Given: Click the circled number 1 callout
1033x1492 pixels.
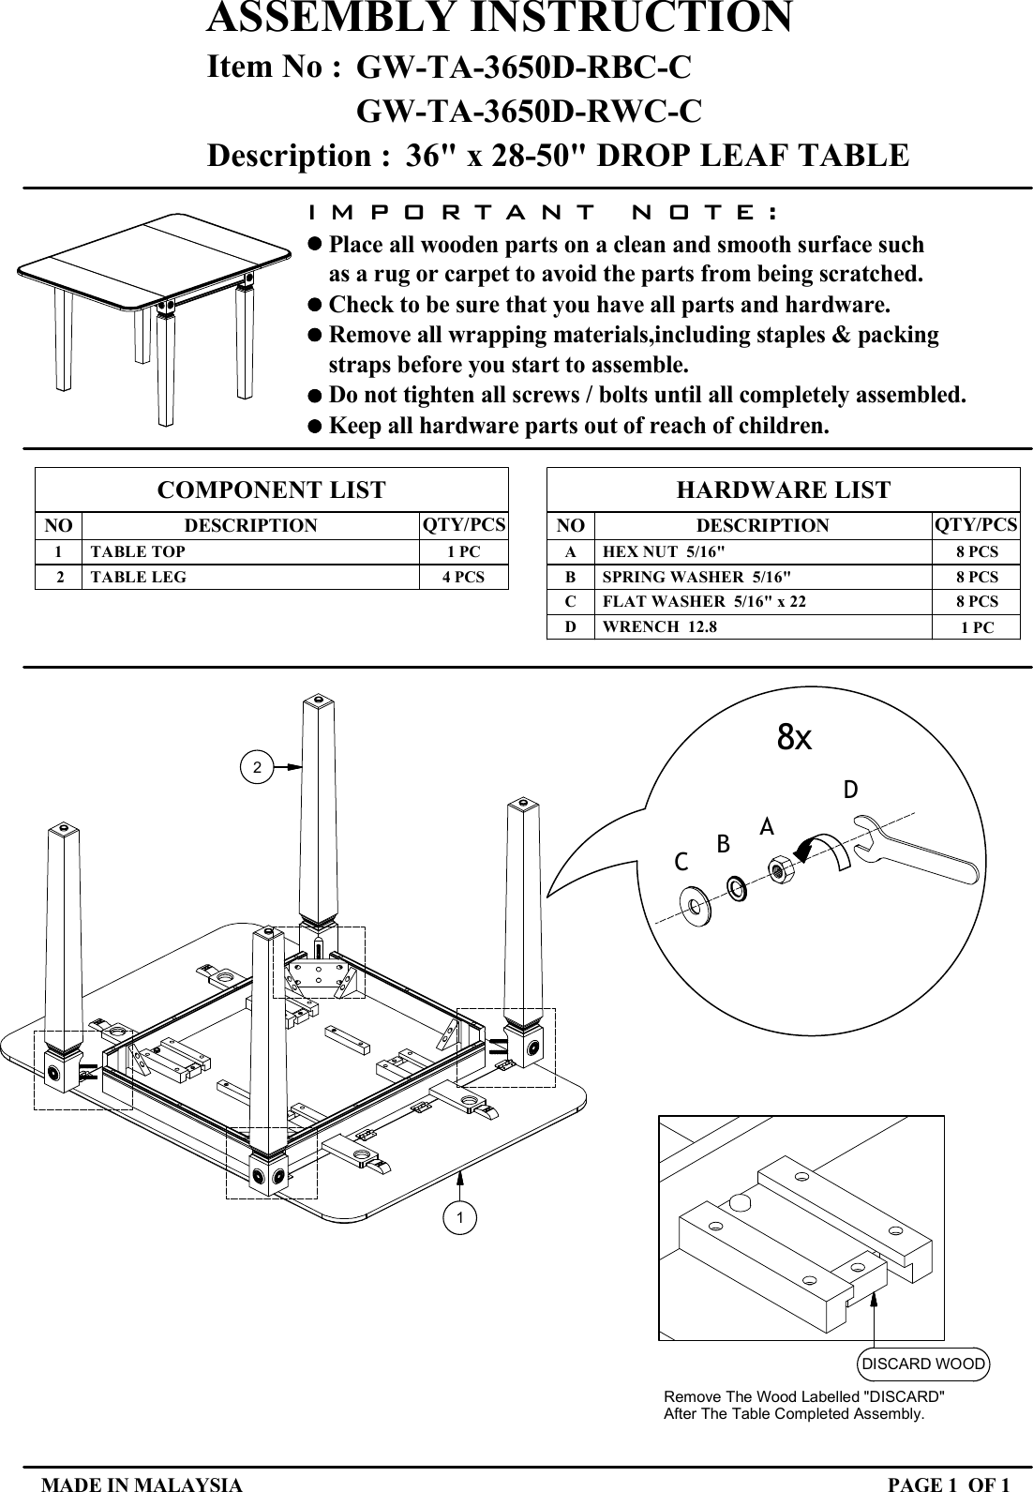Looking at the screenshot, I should (459, 1217).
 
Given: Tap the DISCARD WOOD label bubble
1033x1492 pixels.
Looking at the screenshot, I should (923, 1364).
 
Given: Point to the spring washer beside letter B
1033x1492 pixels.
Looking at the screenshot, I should (737, 885).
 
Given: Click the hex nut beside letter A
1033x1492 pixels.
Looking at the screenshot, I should (780, 869).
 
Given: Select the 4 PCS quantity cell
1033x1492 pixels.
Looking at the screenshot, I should (463, 577).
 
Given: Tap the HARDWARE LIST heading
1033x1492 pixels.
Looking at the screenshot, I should (783, 490).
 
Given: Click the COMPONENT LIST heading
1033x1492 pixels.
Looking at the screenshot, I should (271, 490).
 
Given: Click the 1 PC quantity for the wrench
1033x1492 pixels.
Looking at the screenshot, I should (977, 627).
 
